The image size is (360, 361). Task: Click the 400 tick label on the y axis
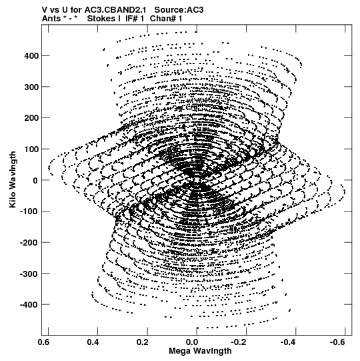31,55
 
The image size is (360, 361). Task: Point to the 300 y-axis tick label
31,87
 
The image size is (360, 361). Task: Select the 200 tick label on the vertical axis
31,118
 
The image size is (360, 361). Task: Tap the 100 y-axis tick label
31,149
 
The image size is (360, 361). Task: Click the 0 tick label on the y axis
35,180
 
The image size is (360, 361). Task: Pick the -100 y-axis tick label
29,212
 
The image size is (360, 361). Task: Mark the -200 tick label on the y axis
29,242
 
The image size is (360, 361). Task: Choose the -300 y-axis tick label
29,274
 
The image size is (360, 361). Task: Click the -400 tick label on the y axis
29,304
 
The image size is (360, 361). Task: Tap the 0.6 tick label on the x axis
43,342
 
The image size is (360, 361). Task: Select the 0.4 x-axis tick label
93,342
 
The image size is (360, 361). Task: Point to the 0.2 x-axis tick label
143,342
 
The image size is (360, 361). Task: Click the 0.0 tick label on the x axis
192,342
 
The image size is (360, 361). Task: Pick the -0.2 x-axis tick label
239,342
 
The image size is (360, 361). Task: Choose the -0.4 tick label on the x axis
289,342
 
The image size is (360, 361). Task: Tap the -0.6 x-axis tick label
339,342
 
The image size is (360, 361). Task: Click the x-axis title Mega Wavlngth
200,351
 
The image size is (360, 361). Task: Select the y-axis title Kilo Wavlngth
13,179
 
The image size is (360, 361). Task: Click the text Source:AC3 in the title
179,10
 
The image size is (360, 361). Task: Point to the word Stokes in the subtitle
104,19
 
